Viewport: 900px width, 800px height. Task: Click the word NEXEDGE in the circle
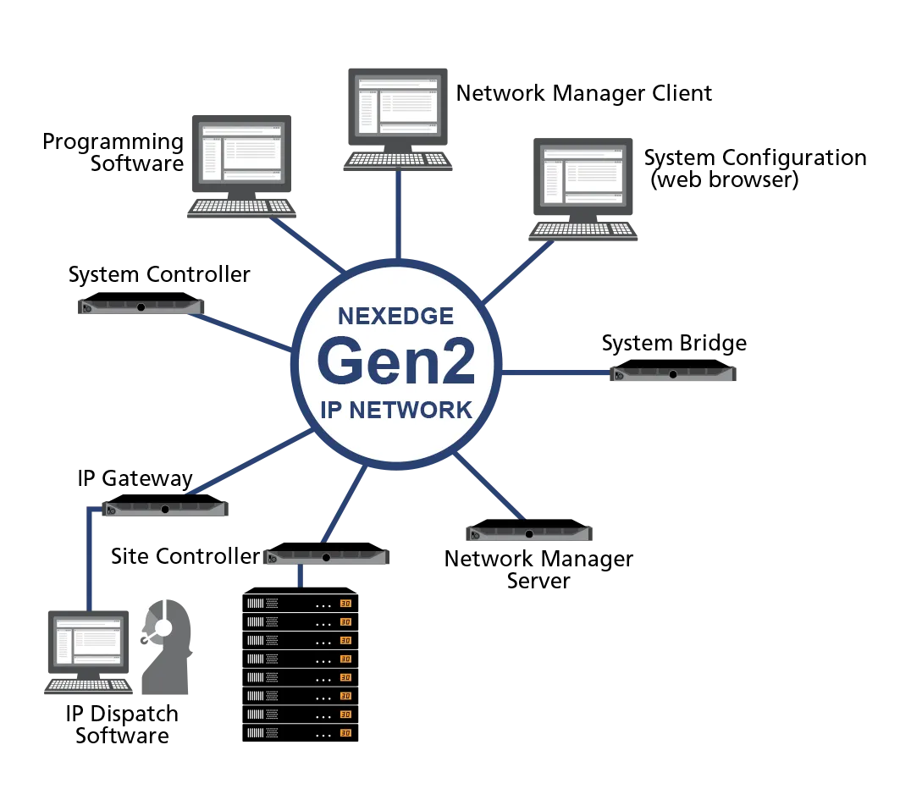pyautogui.click(x=395, y=316)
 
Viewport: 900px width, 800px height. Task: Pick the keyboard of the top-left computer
pyautogui.click(x=240, y=206)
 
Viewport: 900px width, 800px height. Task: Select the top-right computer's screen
pyautogui.click(x=583, y=176)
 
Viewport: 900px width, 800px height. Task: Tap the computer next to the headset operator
pyautogui.click(x=87, y=648)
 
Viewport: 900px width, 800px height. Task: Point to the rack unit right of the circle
pyautogui.click(x=674, y=374)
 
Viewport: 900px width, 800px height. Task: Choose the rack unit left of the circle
pyautogui.click(x=141, y=306)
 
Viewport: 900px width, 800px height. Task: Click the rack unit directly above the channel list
pyautogui.click(x=326, y=558)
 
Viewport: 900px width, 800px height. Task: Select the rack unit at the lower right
pyautogui.click(x=528, y=532)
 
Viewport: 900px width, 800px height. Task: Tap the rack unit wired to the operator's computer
pyautogui.click(x=165, y=510)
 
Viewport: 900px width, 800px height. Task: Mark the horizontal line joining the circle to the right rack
pyautogui.click(x=557, y=372)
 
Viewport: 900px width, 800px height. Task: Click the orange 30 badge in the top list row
pyautogui.click(x=345, y=604)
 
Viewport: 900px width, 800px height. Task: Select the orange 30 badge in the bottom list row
pyautogui.click(x=345, y=733)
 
